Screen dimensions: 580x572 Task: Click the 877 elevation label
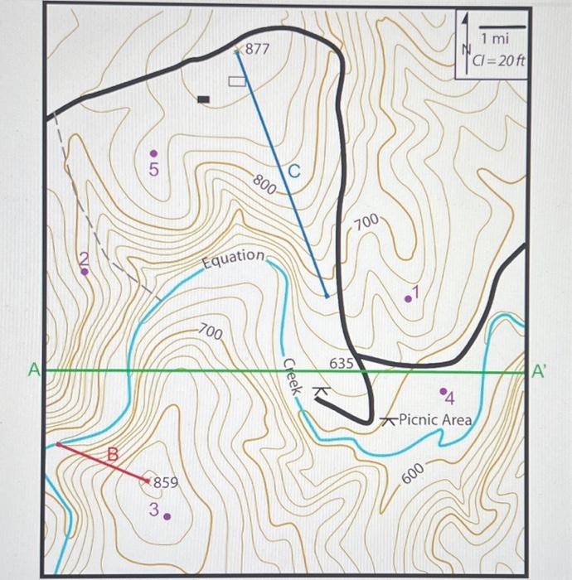258,49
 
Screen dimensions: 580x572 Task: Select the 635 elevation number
342,363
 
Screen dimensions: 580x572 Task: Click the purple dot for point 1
408,297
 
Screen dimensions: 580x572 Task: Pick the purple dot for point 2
85,271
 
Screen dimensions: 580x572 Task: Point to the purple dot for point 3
167,515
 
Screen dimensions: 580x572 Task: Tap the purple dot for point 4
443,389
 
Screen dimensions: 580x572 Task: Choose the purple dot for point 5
153,153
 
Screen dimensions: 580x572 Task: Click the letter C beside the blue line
294,172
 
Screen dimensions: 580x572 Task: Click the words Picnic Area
434,419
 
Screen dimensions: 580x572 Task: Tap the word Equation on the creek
234,257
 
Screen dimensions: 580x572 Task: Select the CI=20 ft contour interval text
499,60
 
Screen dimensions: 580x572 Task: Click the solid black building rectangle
204,99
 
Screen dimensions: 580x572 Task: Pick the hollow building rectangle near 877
237,80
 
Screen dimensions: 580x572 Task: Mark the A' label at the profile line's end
539,372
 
